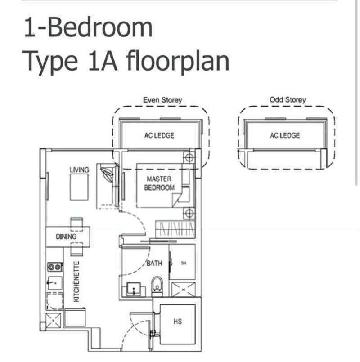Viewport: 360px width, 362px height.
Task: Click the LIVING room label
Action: point(79,170)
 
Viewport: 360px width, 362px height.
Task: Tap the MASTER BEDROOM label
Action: point(159,183)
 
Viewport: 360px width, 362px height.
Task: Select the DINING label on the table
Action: point(66,237)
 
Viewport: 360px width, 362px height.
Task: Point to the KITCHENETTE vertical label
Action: point(76,282)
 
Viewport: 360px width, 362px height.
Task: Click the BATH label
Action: point(154,263)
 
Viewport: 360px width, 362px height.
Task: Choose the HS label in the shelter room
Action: point(177,322)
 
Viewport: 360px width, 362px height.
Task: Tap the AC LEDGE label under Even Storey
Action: point(159,135)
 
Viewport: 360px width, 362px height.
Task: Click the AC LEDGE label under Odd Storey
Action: point(285,135)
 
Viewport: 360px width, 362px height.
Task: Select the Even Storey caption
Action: point(162,100)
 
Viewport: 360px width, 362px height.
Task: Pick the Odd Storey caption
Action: point(288,100)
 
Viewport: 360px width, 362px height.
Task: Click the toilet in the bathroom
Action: point(157,286)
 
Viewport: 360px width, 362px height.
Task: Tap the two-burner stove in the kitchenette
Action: point(55,267)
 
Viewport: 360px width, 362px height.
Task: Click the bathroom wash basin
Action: point(134,289)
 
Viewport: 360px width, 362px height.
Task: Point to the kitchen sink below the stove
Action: point(55,283)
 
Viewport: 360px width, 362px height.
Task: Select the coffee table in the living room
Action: point(79,187)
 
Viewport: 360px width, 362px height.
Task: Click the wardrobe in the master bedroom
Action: point(175,229)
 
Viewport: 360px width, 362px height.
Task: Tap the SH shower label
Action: point(184,263)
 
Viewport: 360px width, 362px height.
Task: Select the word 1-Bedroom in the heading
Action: point(88,27)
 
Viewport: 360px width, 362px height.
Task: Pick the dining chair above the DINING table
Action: point(76,224)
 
